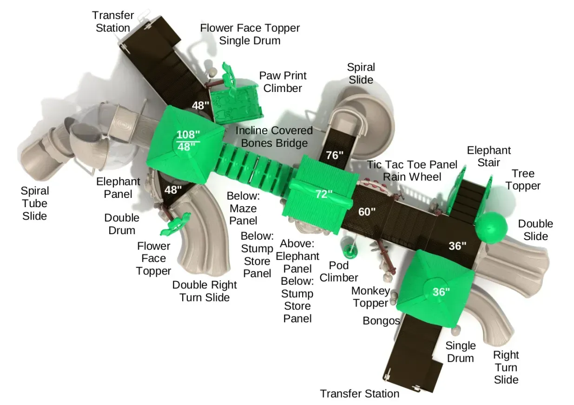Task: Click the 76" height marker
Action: [334, 155]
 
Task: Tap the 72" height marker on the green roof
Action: [324, 194]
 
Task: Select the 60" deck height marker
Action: [367, 212]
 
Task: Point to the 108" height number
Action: [188, 134]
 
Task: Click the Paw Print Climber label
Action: [283, 82]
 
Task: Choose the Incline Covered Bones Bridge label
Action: [274, 137]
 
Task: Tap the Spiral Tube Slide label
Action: [35, 203]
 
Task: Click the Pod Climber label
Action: [339, 272]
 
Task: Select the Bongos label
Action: [381, 321]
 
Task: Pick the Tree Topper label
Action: [523, 180]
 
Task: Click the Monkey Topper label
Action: [370, 297]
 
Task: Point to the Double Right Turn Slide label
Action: [205, 291]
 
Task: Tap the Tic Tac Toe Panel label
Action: [412, 164]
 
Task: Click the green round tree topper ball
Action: [491, 228]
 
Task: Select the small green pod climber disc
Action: [350, 250]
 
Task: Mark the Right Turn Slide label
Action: [506, 367]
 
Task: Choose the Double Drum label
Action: [122, 224]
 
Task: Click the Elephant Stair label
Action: [488, 157]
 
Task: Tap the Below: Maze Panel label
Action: [243, 209]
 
